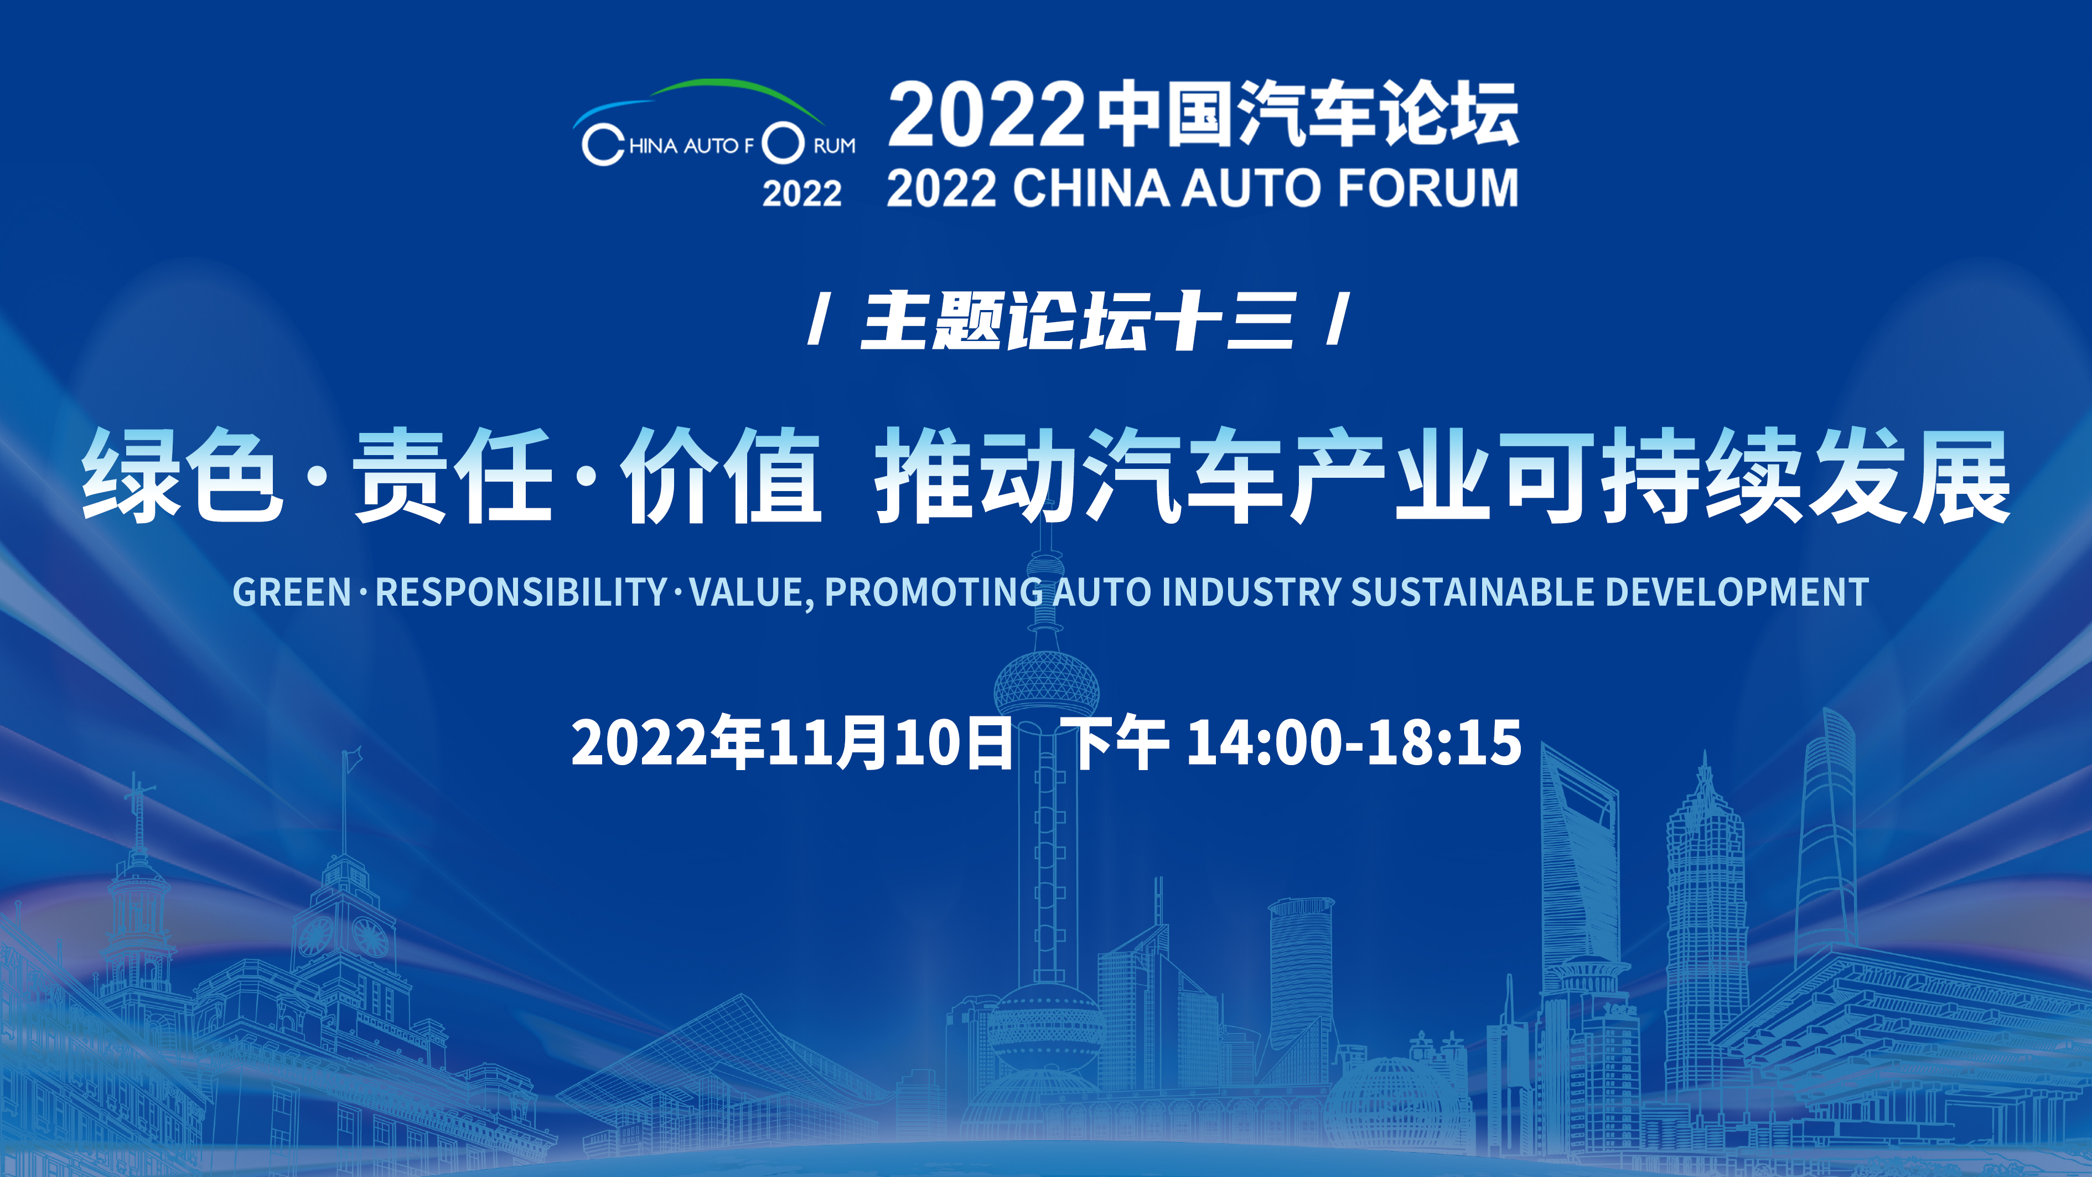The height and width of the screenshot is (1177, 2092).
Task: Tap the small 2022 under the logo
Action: [801, 193]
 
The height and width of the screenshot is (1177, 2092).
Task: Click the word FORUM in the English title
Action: [1428, 188]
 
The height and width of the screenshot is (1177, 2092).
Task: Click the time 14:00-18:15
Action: [1354, 742]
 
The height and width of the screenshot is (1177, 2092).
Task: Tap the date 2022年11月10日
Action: [792, 742]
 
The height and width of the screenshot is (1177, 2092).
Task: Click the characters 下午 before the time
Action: [1119, 742]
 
